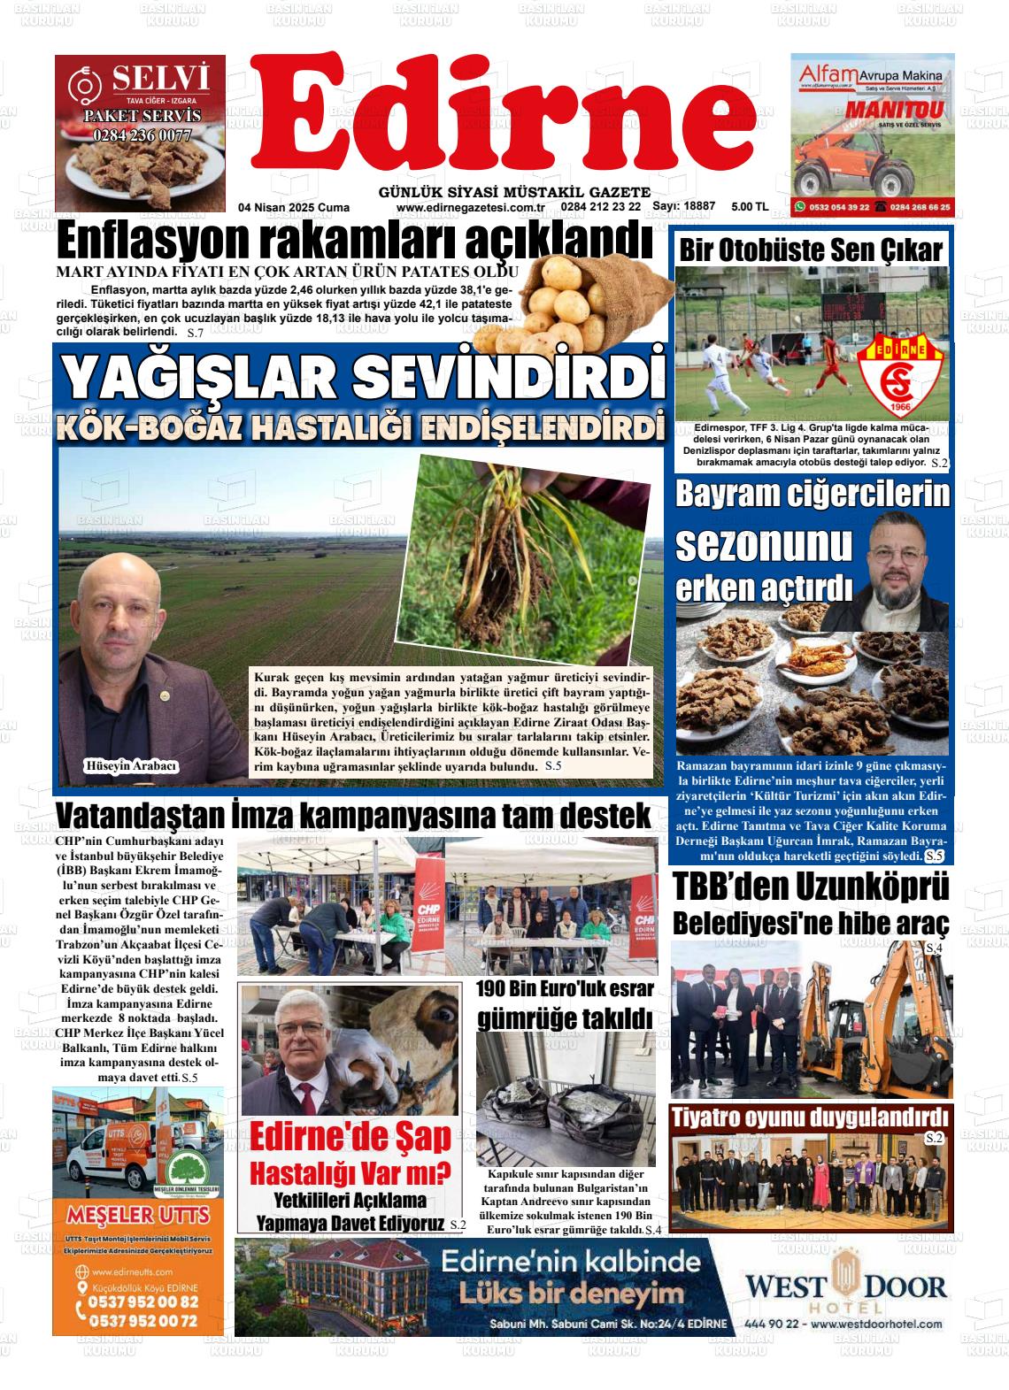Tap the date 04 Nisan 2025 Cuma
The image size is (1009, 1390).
[x=294, y=208]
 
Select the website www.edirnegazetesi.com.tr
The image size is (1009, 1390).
[x=470, y=208]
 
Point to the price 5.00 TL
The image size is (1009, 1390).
[x=750, y=207]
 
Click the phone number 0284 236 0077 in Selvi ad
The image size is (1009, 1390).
[x=142, y=135]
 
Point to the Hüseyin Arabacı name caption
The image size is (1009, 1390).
[x=130, y=766]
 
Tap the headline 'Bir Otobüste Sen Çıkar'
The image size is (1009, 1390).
[x=810, y=250]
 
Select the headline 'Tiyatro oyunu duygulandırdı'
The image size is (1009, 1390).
[x=810, y=1117]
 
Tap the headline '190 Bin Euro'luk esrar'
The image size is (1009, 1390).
[x=565, y=988]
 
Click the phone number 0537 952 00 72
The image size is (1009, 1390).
[x=142, y=1321]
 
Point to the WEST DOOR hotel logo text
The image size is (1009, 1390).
[x=845, y=1286]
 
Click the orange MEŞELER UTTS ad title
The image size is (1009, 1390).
[x=137, y=1211]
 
